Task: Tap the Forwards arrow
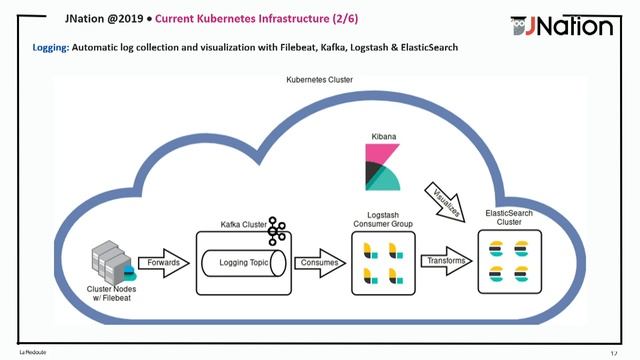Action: tap(162, 263)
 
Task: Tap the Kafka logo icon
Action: tap(277, 233)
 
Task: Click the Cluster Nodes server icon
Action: tap(109, 259)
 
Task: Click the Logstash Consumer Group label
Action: tap(378, 220)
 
